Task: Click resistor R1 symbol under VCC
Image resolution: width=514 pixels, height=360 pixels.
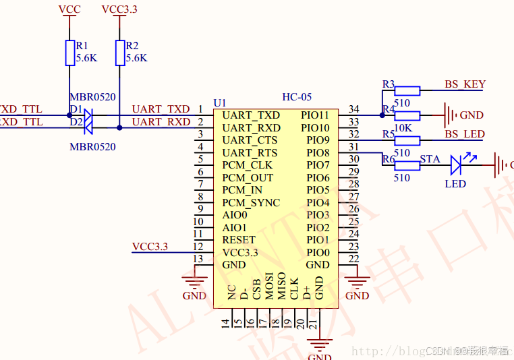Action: tap(70, 53)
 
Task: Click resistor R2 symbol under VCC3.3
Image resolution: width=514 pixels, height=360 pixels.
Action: tap(120, 53)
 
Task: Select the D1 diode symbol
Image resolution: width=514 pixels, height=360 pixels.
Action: tap(86, 115)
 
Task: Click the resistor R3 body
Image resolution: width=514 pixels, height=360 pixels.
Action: tap(407, 90)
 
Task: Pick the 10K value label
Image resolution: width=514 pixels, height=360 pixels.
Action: tap(403, 128)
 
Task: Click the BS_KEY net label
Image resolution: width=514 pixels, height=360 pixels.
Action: tap(465, 84)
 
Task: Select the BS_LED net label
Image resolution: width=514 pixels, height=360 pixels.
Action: tap(464, 134)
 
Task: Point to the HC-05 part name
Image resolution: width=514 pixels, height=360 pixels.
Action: tap(297, 97)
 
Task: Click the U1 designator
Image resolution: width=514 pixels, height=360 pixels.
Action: tap(219, 102)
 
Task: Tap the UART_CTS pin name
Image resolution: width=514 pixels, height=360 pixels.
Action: tap(250, 140)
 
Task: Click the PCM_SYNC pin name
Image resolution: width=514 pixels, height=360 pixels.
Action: tap(251, 203)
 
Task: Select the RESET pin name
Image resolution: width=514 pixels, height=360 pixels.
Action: tap(239, 240)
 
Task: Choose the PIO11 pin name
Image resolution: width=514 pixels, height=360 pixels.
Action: tap(315, 115)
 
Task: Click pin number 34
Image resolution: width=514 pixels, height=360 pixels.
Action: tap(353, 109)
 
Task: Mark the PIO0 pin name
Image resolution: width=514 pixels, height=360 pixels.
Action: tap(318, 253)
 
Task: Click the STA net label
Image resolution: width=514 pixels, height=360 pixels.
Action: tap(430, 159)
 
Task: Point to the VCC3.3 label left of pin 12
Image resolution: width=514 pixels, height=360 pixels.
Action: tap(150, 246)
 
